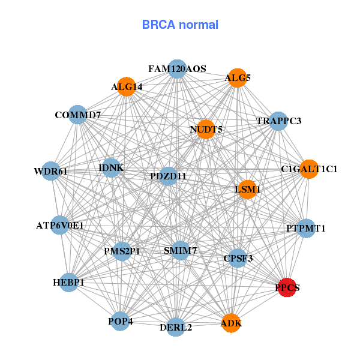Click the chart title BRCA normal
(180, 25)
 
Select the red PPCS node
(287, 287)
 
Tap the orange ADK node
(231, 323)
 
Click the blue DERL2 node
(176, 326)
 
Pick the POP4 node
(121, 321)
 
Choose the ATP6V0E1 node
(60, 226)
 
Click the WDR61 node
(51, 172)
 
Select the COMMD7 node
(78, 115)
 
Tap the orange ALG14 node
(126, 87)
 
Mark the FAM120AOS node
(177, 69)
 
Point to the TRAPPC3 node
(278, 121)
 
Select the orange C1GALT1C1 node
(309, 169)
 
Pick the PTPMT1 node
(306, 228)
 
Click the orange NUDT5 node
(206, 129)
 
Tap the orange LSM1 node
(247, 190)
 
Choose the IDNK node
(111, 168)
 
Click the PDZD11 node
(169, 176)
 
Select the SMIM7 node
(181, 250)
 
